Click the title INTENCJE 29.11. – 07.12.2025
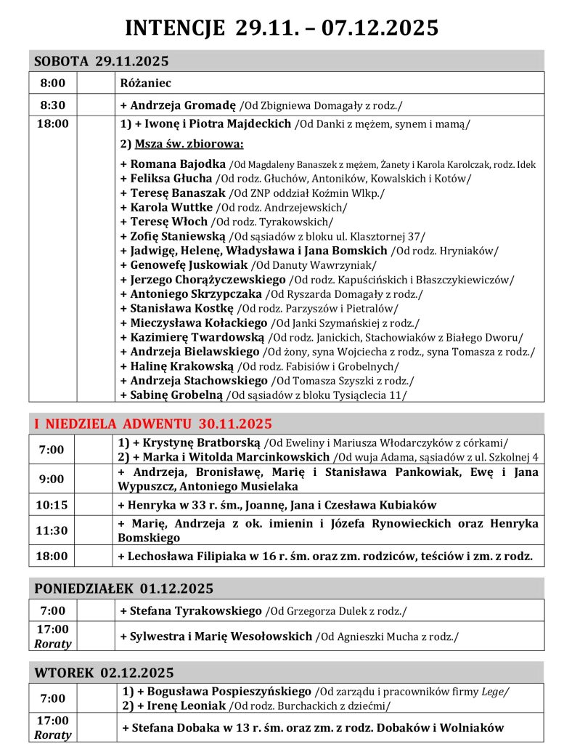point(282,28)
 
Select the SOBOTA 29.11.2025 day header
point(101,61)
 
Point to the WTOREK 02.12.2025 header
point(104,673)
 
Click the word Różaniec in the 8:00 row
point(146,83)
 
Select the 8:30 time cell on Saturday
point(52,105)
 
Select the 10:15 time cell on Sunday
point(52,505)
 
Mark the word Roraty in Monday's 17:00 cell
point(52,644)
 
